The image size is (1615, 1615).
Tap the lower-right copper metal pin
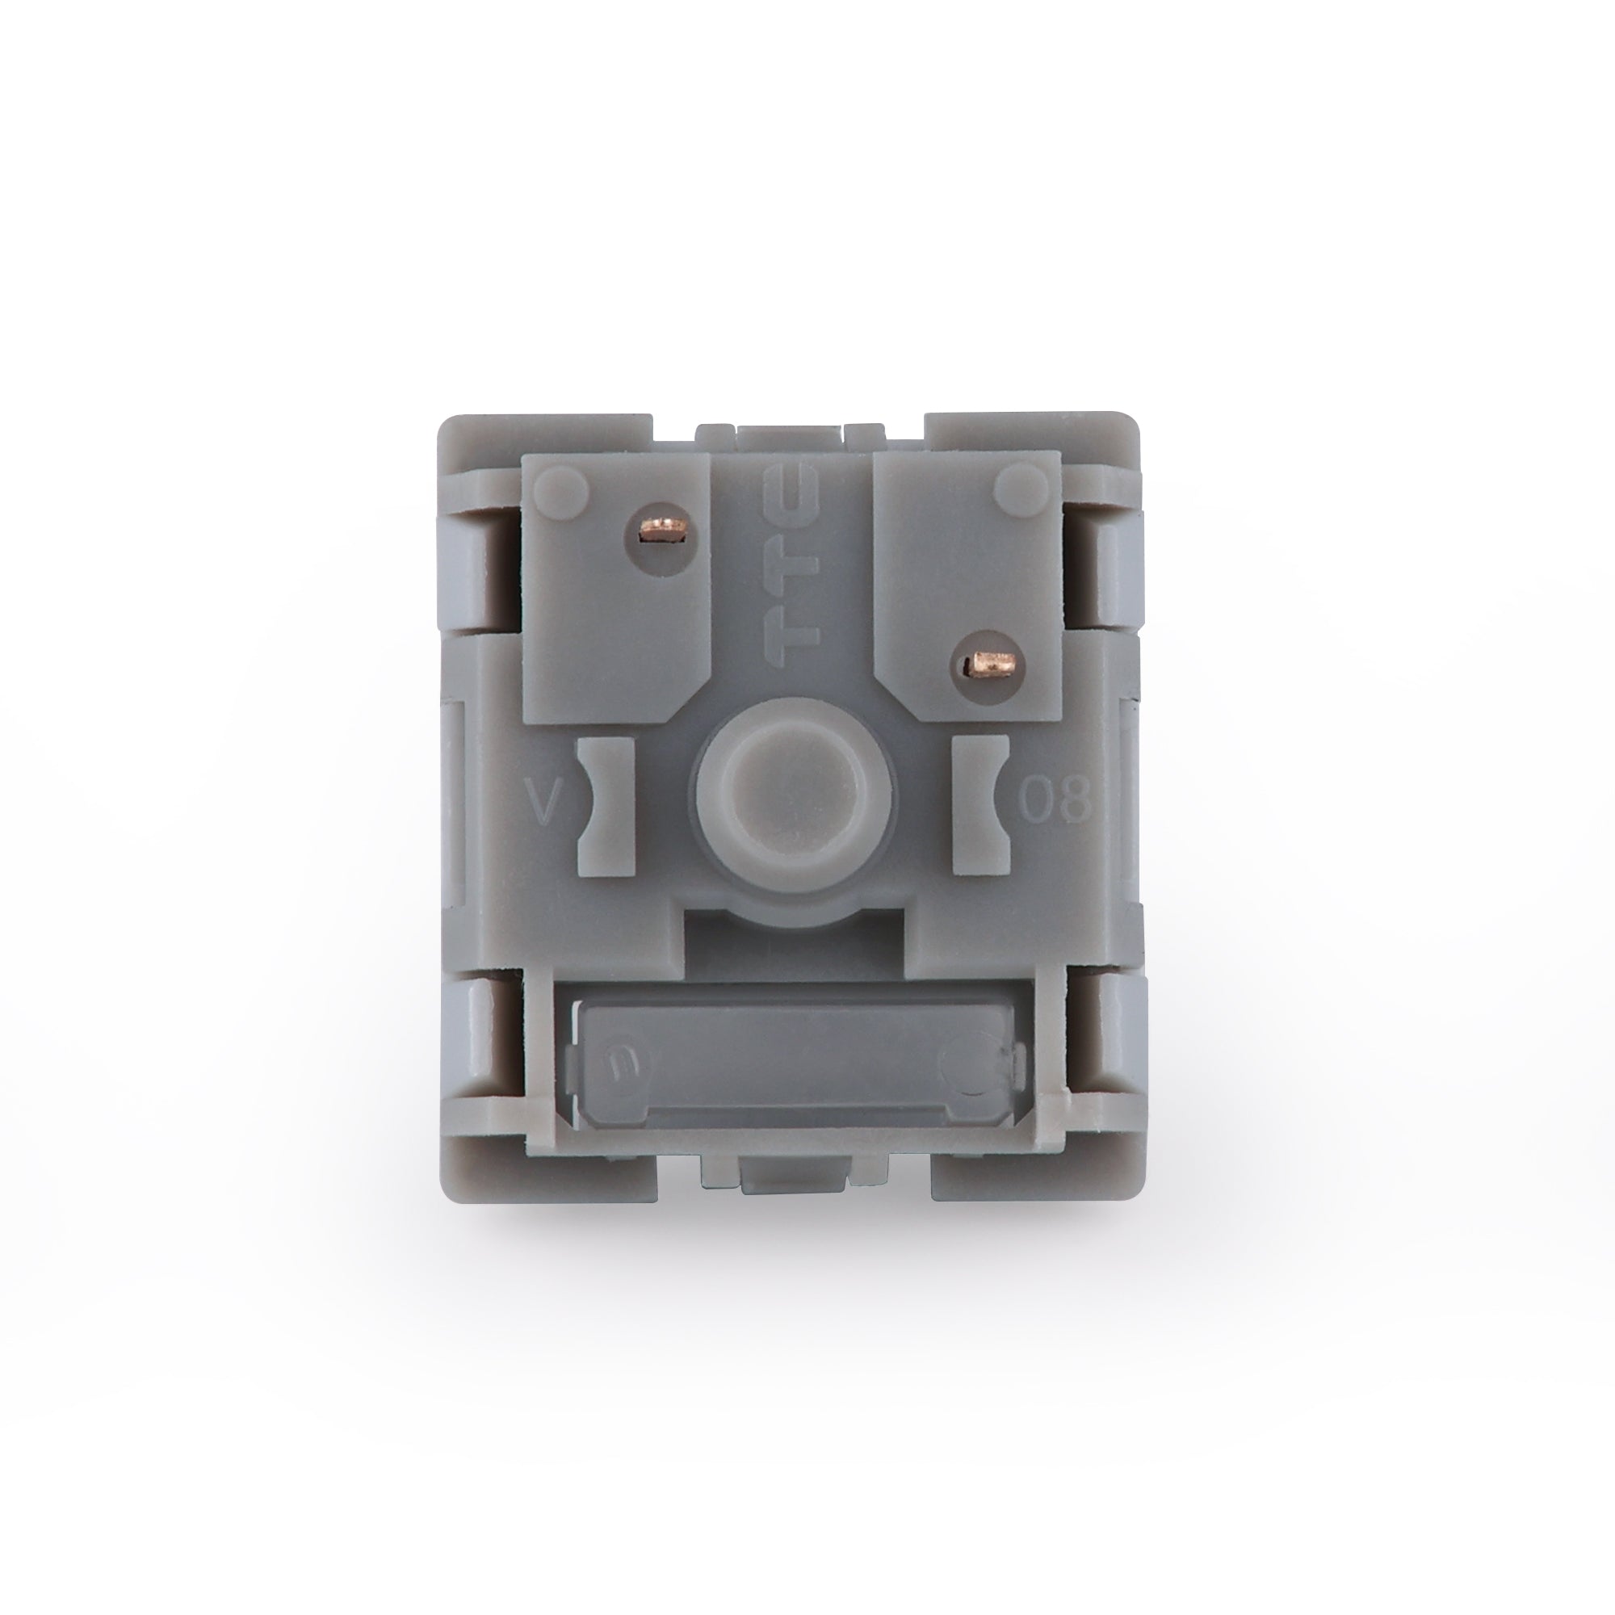point(990,665)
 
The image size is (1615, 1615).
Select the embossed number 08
point(1055,799)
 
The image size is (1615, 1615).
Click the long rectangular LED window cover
point(794,1062)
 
